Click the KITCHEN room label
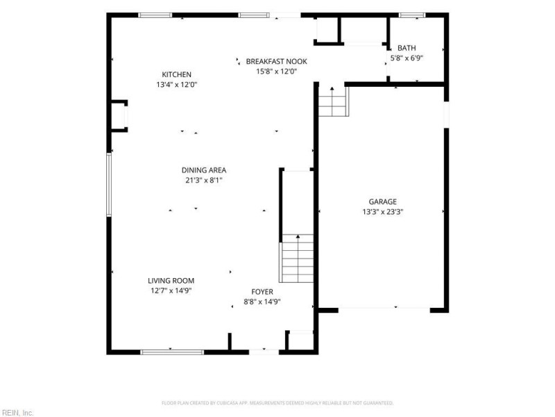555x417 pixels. click(177, 74)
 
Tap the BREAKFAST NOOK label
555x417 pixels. click(276, 61)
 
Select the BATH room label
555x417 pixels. click(407, 48)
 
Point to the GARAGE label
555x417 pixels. click(383, 202)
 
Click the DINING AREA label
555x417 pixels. click(204, 170)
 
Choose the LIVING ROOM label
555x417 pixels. click(171, 281)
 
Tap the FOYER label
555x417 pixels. click(262, 292)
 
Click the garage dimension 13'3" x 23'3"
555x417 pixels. click(383, 212)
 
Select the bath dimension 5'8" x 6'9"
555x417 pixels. click(407, 58)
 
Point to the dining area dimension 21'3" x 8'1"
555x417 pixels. click(204, 181)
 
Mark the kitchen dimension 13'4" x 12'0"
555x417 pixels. click(177, 85)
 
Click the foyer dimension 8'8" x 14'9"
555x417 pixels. click(262, 302)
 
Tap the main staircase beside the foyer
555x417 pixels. click(297, 259)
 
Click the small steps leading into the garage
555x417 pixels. click(333, 101)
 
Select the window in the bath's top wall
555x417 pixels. click(412, 15)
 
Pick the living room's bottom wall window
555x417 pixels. click(172, 352)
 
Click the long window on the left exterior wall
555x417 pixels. click(109, 184)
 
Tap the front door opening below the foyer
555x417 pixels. click(264, 352)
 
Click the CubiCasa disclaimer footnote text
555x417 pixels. click(277, 403)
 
